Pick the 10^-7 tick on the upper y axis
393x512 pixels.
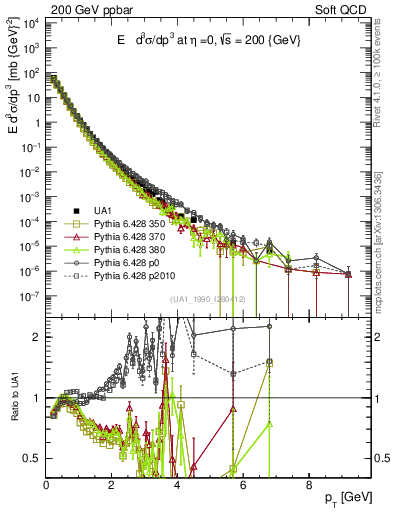click(x=30, y=296)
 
